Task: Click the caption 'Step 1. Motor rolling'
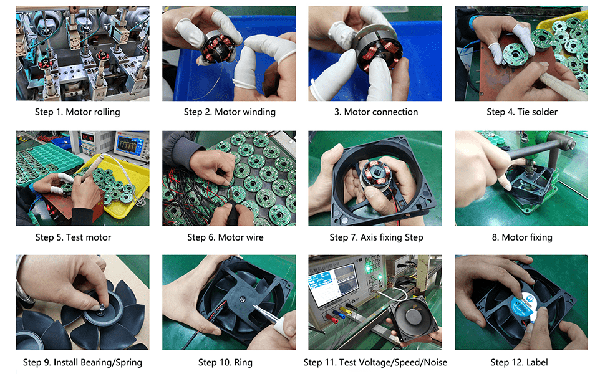(x=77, y=112)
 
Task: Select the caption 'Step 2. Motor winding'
(x=230, y=112)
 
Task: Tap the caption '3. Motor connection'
(x=376, y=112)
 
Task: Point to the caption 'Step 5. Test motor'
(x=74, y=237)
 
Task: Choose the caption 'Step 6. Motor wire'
(x=225, y=237)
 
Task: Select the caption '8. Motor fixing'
(x=522, y=237)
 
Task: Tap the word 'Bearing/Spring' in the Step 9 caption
(x=98, y=362)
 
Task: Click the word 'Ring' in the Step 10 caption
(x=243, y=362)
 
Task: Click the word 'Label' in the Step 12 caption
(x=537, y=362)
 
